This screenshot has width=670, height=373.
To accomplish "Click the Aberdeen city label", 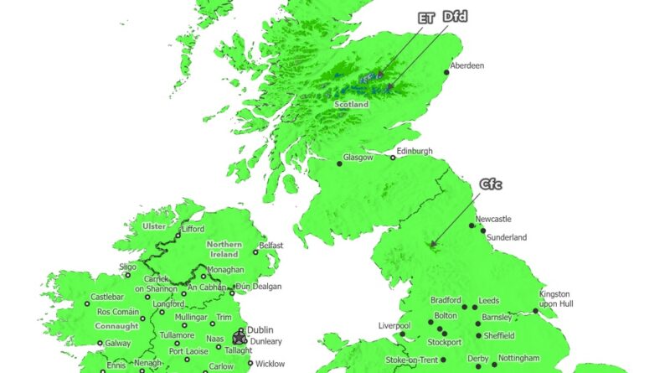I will [467, 65].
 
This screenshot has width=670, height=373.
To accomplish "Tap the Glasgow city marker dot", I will [340, 163].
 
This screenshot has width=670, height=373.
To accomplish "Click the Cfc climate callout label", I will [491, 184].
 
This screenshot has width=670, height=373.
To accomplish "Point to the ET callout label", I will [427, 17].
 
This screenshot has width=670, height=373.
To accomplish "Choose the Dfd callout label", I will [455, 17].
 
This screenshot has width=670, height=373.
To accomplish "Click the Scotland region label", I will [351, 105].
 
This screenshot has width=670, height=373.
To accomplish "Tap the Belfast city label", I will [271, 246].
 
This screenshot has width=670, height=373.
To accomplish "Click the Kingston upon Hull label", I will [554, 298].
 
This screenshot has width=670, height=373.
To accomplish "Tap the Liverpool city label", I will [394, 324].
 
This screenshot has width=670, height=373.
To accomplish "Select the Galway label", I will [118, 343].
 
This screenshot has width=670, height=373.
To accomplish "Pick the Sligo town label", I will [127, 267].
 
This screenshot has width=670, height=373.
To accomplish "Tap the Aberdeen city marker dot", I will [448, 72].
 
